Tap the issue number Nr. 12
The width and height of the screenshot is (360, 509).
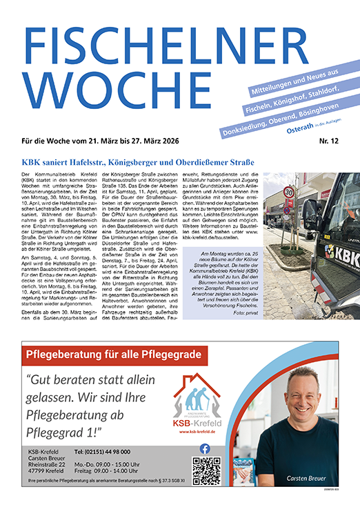(x=330, y=142)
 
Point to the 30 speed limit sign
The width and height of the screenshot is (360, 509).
(x=289, y=192)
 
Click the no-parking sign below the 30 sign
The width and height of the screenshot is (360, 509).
(x=290, y=203)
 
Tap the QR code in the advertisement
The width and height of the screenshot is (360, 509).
(x=206, y=472)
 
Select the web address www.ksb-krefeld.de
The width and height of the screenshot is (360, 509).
(x=197, y=432)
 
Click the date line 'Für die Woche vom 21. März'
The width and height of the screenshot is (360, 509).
(x=76, y=142)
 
